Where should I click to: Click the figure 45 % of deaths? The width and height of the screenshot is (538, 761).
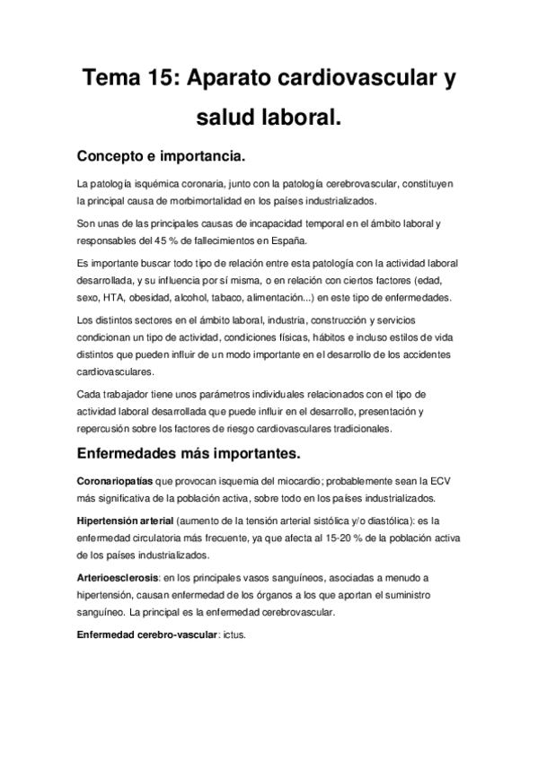coord(174,241)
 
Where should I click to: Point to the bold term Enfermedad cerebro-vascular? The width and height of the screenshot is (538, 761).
coord(147,634)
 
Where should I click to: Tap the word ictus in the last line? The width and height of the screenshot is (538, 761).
coord(235,634)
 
